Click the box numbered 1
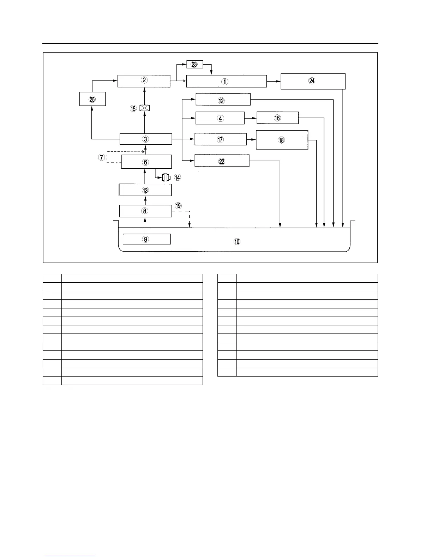[x=226, y=81]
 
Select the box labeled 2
[x=144, y=80]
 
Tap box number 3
[x=145, y=139]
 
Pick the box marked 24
[x=313, y=81]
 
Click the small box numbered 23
[x=194, y=65]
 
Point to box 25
[x=92, y=99]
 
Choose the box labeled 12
[x=223, y=100]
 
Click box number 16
[x=277, y=118]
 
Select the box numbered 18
[x=282, y=140]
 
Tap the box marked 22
[x=222, y=161]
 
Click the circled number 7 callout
[x=102, y=157]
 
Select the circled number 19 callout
[x=178, y=206]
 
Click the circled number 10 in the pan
[x=237, y=242]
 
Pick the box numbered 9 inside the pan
[x=146, y=239]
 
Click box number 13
[x=145, y=190]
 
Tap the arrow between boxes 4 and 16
[x=251, y=118]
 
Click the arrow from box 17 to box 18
[x=251, y=139]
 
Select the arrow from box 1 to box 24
[x=274, y=81]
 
